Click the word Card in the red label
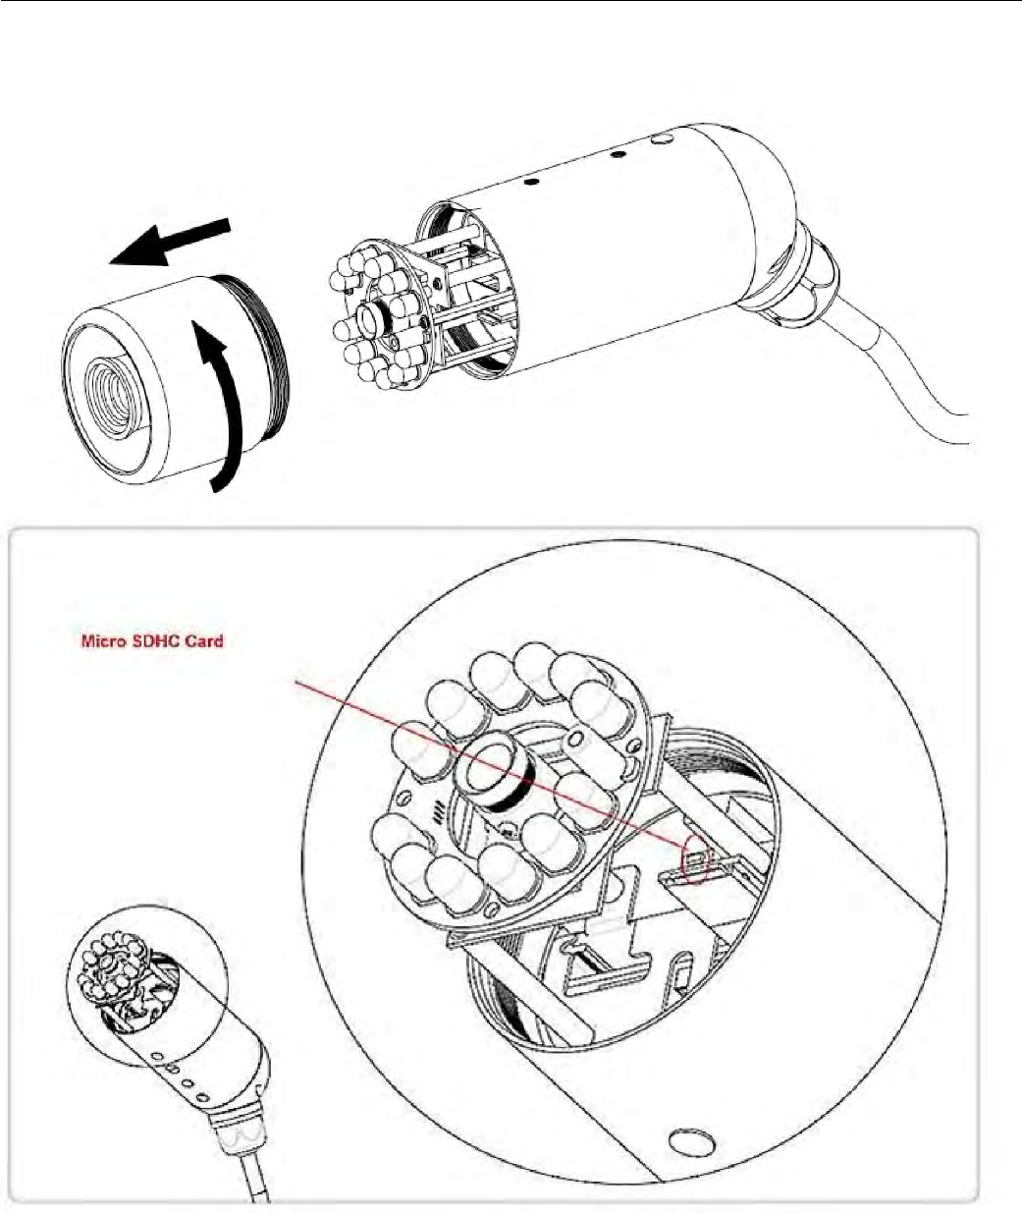204,641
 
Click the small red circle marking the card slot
695,857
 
